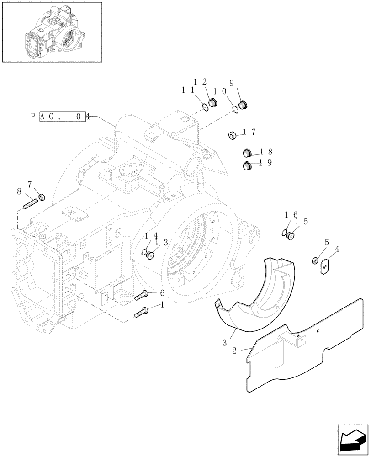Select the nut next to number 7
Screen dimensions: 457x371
click(x=42, y=197)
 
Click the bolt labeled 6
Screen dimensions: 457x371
click(x=141, y=296)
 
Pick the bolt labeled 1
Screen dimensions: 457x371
click(x=141, y=313)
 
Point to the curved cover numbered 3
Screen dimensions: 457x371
click(x=256, y=292)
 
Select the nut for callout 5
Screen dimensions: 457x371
click(x=314, y=260)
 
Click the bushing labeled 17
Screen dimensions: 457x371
click(x=232, y=135)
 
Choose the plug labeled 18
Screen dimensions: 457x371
click(x=248, y=153)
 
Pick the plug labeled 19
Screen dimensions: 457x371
click(x=247, y=166)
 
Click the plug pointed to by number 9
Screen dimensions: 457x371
click(x=243, y=106)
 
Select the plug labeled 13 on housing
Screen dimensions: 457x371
click(x=150, y=255)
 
